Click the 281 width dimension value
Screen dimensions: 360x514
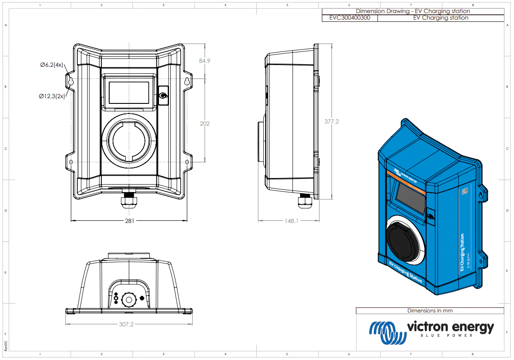[129, 221]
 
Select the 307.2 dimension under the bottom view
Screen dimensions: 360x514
[126, 324]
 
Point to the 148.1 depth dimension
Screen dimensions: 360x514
[291, 221]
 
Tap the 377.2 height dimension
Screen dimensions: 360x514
[331, 121]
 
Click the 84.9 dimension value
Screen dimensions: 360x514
[204, 61]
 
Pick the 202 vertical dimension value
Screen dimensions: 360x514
[204, 123]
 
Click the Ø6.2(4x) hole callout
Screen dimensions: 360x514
[52, 65]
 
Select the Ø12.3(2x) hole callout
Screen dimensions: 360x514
[52, 96]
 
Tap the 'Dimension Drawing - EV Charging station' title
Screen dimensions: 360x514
[413, 11]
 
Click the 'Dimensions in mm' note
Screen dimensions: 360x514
[430, 311]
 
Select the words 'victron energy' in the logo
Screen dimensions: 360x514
[450, 327]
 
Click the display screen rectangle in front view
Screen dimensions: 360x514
[129, 92]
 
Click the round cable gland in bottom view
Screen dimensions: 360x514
[129, 299]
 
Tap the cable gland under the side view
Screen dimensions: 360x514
[304, 202]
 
